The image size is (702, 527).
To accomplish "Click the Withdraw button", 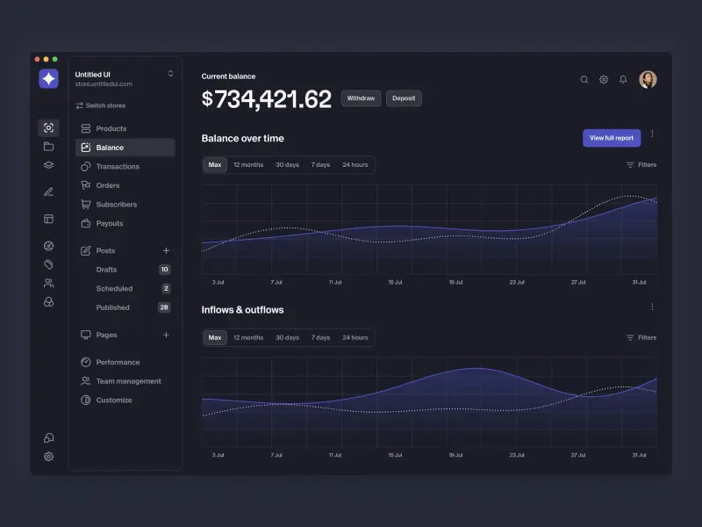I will click(x=361, y=98).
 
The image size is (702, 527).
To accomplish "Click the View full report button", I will click(x=612, y=138).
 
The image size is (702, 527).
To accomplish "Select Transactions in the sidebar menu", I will click(x=118, y=167).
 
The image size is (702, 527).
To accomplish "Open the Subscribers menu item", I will click(x=116, y=205).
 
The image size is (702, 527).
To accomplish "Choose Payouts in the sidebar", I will click(x=110, y=224).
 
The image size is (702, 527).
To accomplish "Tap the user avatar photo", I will click(x=648, y=80).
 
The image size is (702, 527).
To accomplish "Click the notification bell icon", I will click(x=623, y=80).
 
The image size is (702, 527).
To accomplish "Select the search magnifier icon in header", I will click(x=584, y=80).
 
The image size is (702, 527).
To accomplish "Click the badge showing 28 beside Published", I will click(x=164, y=307).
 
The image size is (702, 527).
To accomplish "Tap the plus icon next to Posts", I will click(x=166, y=251).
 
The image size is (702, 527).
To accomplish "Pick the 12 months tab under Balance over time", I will click(x=248, y=165).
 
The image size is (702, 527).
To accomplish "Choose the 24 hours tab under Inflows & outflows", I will click(x=355, y=337).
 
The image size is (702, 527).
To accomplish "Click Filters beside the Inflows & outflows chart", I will click(x=641, y=337).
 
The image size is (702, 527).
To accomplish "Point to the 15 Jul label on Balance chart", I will click(x=396, y=283).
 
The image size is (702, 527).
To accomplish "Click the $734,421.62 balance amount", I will click(x=267, y=99).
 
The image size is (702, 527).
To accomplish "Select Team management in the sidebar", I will click(x=128, y=381).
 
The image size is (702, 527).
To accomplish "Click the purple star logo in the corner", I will click(x=48, y=79).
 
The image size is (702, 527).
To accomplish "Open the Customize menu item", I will click(x=114, y=401).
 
